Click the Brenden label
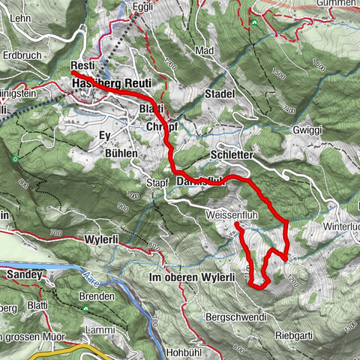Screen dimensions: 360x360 [x=96, y=296]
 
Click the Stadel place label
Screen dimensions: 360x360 [x=220, y=94]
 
